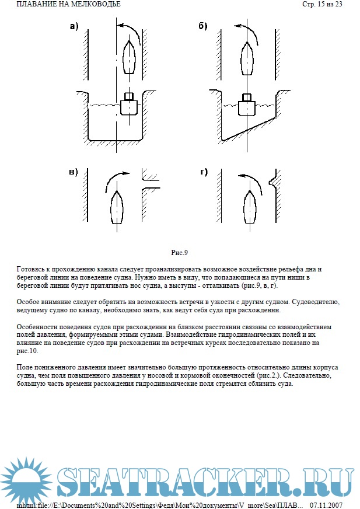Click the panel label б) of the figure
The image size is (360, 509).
pyautogui.click(x=203, y=26)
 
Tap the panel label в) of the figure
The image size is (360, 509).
pyautogui.click(x=74, y=172)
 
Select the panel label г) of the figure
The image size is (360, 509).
pyautogui.click(x=203, y=172)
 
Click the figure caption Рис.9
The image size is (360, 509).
pyautogui.click(x=179, y=253)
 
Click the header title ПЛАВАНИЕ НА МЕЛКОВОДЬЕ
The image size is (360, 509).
pyautogui.click(x=61, y=5)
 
